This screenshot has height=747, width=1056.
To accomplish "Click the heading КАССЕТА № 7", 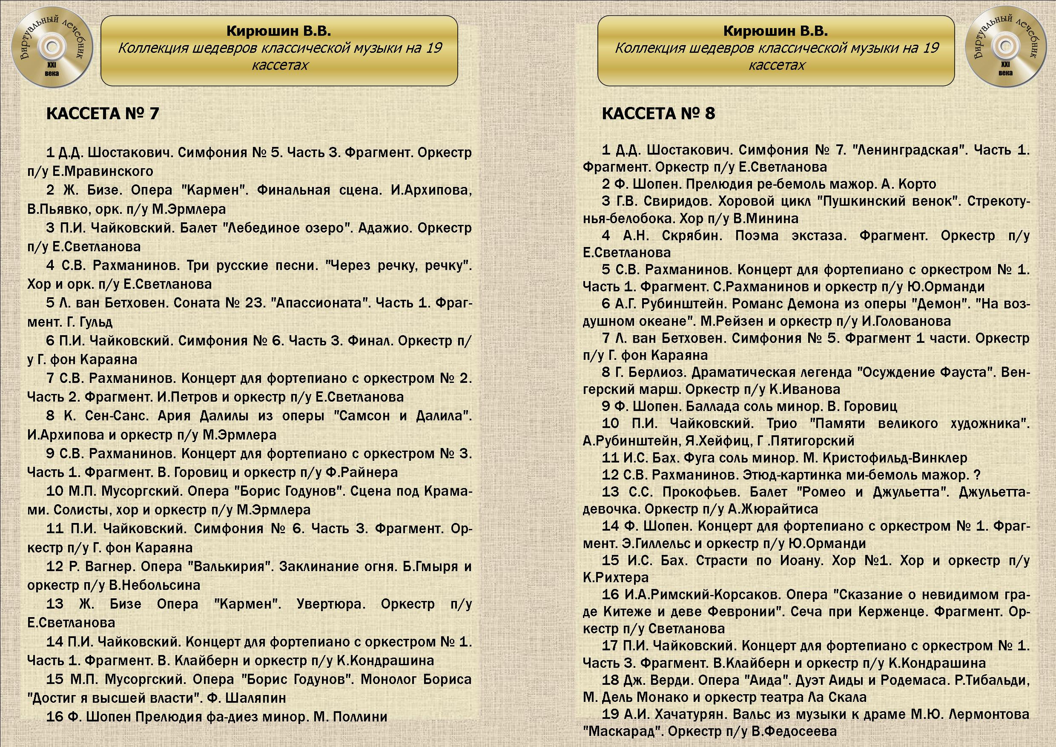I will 103,114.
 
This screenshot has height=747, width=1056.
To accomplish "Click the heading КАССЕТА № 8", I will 658,114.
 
